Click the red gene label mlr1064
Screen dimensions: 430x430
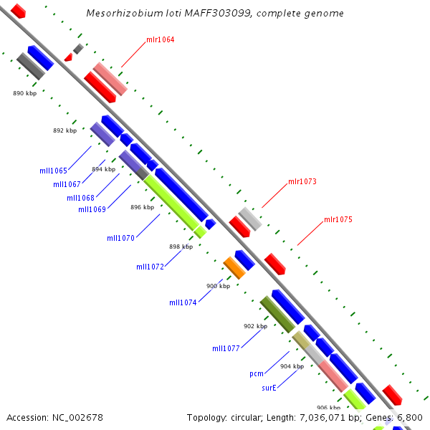point(160,39)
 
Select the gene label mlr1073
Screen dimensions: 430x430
point(302,181)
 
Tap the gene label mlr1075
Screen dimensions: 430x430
point(338,219)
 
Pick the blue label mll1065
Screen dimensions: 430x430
point(54,171)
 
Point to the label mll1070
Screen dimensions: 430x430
point(121,238)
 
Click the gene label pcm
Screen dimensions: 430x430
point(257,374)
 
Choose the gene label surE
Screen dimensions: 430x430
point(269,388)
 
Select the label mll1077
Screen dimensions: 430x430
point(226,348)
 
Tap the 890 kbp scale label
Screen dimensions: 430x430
point(24,93)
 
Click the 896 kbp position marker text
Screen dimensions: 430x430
point(143,207)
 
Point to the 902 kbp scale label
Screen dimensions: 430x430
point(256,326)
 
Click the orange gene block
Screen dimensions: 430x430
point(234,268)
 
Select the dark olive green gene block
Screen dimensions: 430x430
point(277,315)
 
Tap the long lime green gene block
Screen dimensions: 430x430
point(171,203)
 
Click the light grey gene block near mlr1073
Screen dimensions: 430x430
point(250,219)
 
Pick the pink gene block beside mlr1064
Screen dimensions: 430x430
point(110,79)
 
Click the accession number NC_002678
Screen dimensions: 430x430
point(77,418)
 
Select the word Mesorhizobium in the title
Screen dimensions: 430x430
point(125,13)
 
